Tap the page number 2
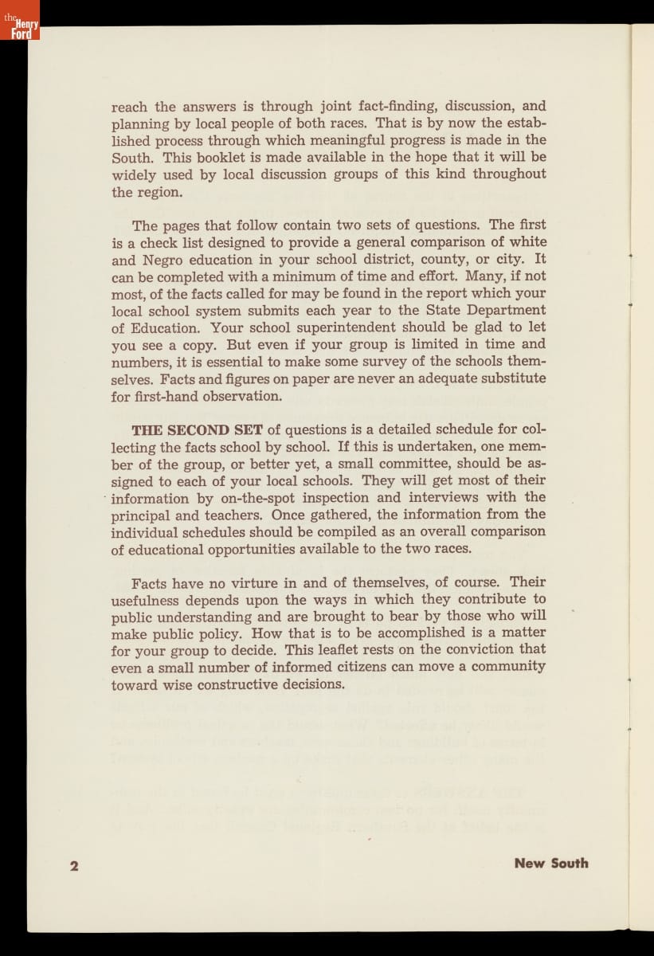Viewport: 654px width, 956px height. (x=74, y=866)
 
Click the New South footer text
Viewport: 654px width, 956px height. (x=551, y=863)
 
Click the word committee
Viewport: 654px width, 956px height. (x=409, y=464)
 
